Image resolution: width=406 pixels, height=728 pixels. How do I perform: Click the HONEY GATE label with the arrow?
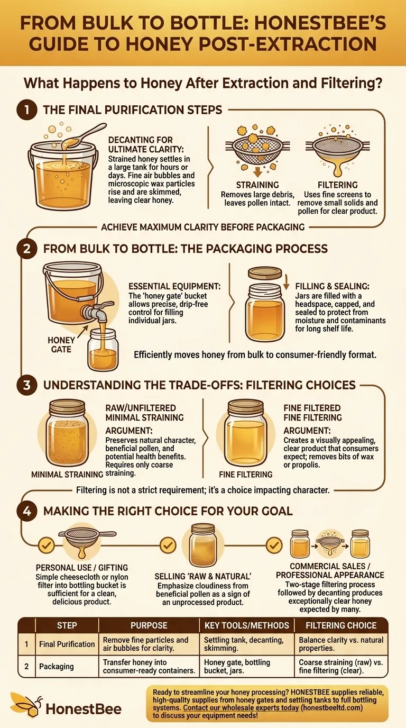click(61, 345)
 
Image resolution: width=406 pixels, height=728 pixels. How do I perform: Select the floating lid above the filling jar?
click(264, 273)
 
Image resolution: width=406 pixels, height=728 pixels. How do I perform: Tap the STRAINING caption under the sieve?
click(257, 185)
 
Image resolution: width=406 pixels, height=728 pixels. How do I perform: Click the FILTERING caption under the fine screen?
click(337, 185)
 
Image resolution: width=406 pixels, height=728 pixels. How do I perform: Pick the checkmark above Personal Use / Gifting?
click(47, 545)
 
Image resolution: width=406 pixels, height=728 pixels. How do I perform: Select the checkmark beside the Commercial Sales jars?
click(274, 545)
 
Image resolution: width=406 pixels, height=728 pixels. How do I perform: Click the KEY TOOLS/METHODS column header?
click(246, 625)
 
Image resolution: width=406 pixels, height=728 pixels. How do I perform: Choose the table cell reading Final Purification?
click(67, 644)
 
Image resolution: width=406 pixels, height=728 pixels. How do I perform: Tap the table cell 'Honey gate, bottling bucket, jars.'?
click(237, 666)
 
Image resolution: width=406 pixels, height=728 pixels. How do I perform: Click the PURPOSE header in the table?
click(149, 625)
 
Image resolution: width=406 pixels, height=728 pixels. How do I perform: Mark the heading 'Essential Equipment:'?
click(174, 286)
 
